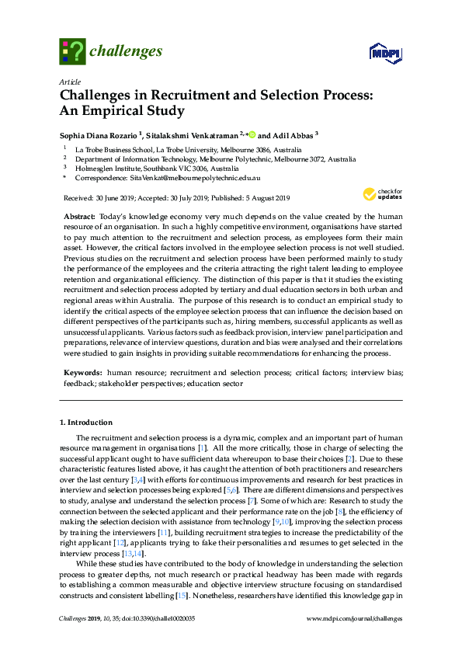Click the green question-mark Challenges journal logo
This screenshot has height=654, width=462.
[71, 51]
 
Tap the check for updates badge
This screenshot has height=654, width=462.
[386, 193]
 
